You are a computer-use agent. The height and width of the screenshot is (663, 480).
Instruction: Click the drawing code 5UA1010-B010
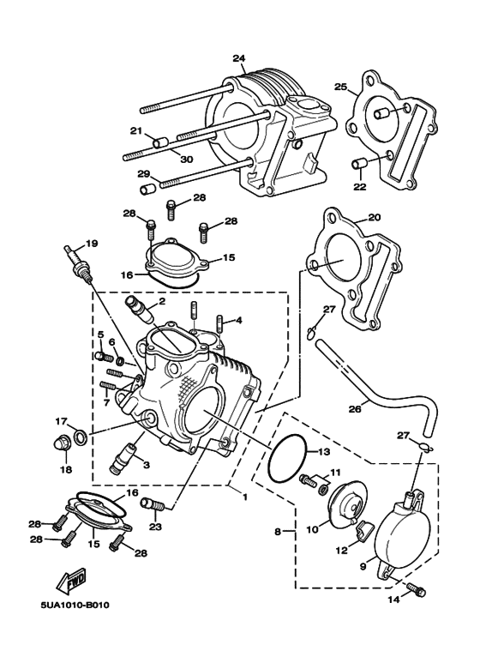pyautogui.click(x=75, y=606)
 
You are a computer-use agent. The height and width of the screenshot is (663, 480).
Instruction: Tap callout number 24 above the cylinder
pyautogui.click(x=239, y=58)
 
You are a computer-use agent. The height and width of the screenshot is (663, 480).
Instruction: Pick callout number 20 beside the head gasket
pyautogui.click(x=374, y=217)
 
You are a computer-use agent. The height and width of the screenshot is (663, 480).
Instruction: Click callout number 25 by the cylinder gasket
pyautogui.click(x=340, y=87)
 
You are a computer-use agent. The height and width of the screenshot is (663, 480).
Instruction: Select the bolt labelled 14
pyautogui.click(x=417, y=590)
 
